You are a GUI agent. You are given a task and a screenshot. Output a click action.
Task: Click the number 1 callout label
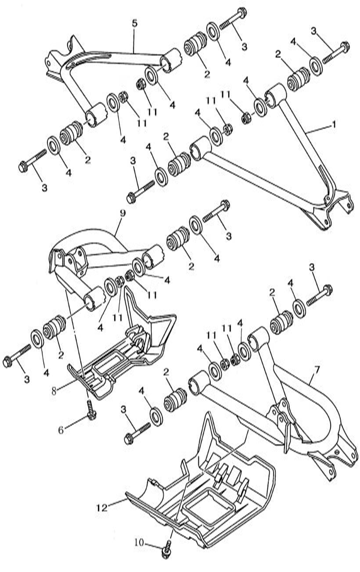pyautogui.click(x=333, y=125)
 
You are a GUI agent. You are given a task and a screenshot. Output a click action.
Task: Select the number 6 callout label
pyautogui.click(x=61, y=430)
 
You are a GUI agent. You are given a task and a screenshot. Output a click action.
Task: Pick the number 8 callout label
pyautogui.click(x=54, y=391)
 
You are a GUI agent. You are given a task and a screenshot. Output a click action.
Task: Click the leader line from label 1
pyautogui.click(x=317, y=129)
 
